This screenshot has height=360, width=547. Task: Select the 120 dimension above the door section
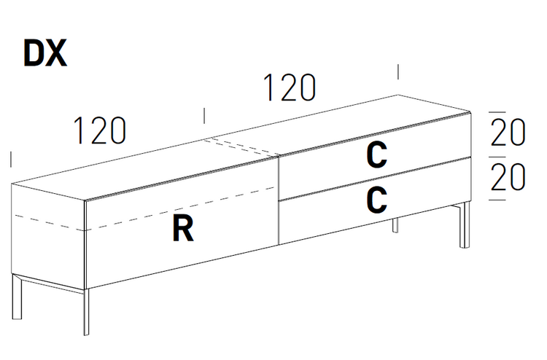pyautogui.click(x=99, y=130)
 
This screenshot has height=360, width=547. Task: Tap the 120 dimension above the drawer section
pyautogui.click(x=290, y=88)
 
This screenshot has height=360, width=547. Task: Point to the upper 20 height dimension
pyautogui.click(x=508, y=133)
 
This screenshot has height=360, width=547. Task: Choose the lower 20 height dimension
pyautogui.click(x=508, y=177)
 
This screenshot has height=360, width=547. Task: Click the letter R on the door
pyautogui.click(x=183, y=229)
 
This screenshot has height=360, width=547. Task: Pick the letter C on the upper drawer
pyautogui.click(x=376, y=154)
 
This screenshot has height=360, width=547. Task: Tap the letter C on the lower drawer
pyautogui.click(x=376, y=200)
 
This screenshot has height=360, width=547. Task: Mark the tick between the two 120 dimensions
pyautogui.click(x=204, y=115)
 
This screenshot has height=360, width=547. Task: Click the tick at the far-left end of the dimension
pyautogui.click(x=11, y=159)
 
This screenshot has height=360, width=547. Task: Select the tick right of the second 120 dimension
pyautogui.click(x=397, y=71)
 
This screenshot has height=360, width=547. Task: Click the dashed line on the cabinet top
pyautogui.click(x=243, y=147)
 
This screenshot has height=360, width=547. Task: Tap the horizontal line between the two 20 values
pyautogui.click(x=497, y=155)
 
